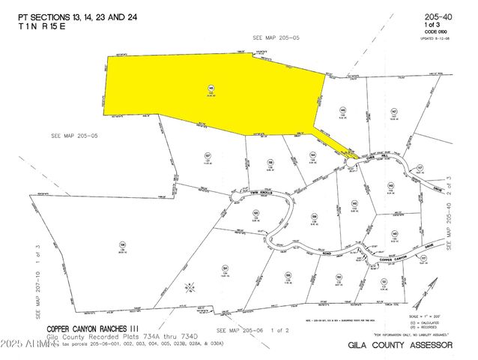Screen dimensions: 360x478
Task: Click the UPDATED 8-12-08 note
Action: (x=441, y=37)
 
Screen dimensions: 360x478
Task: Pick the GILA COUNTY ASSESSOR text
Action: (x=400, y=345)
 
